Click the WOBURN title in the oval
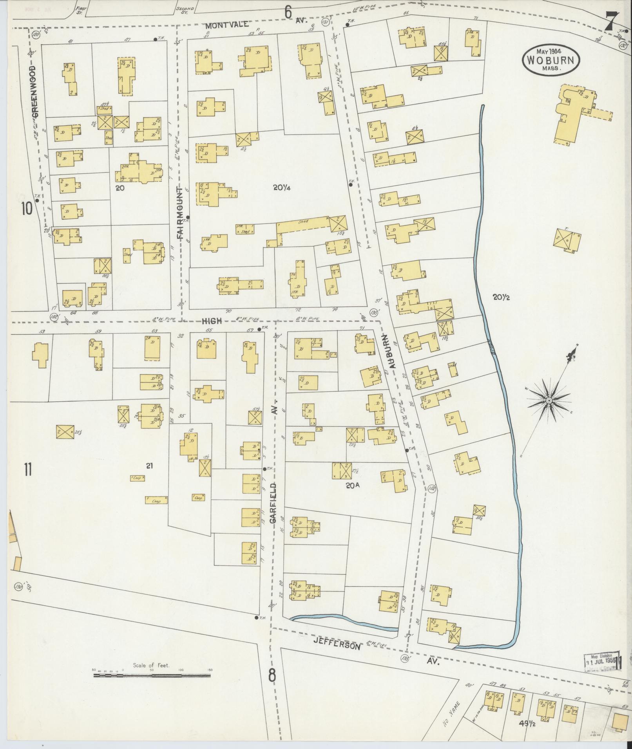tap(550, 60)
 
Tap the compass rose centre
tap(549, 401)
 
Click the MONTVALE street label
tap(227, 25)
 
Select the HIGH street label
tap(212, 321)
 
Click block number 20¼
tap(281, 188)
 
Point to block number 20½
tap(501, 297)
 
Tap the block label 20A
tap(352, 485)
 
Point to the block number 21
tap(149, 466)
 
